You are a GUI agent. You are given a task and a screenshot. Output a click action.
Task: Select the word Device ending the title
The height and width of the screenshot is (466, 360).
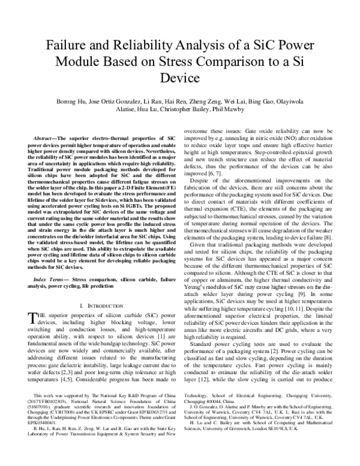[x=180, y=77]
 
